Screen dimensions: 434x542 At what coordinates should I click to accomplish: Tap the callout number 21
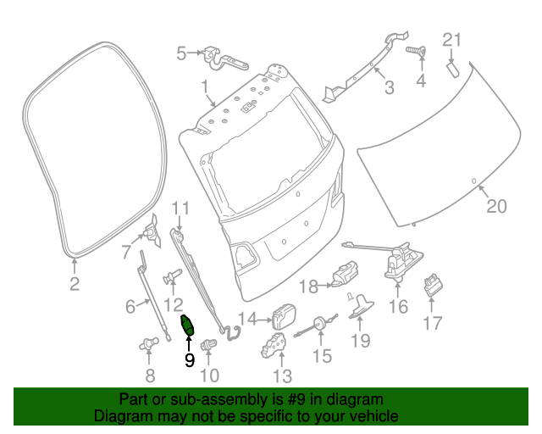[453, 39]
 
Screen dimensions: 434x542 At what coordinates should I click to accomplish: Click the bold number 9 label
[189, 359]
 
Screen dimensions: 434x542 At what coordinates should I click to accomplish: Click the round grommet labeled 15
[322, 325]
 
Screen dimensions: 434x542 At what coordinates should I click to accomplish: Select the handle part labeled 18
[344, 275]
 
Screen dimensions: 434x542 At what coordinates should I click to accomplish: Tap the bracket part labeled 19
[362, 303]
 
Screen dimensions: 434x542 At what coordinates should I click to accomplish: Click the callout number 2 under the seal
[75, 284]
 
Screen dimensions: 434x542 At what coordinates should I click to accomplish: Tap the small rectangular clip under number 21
[453, 67]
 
